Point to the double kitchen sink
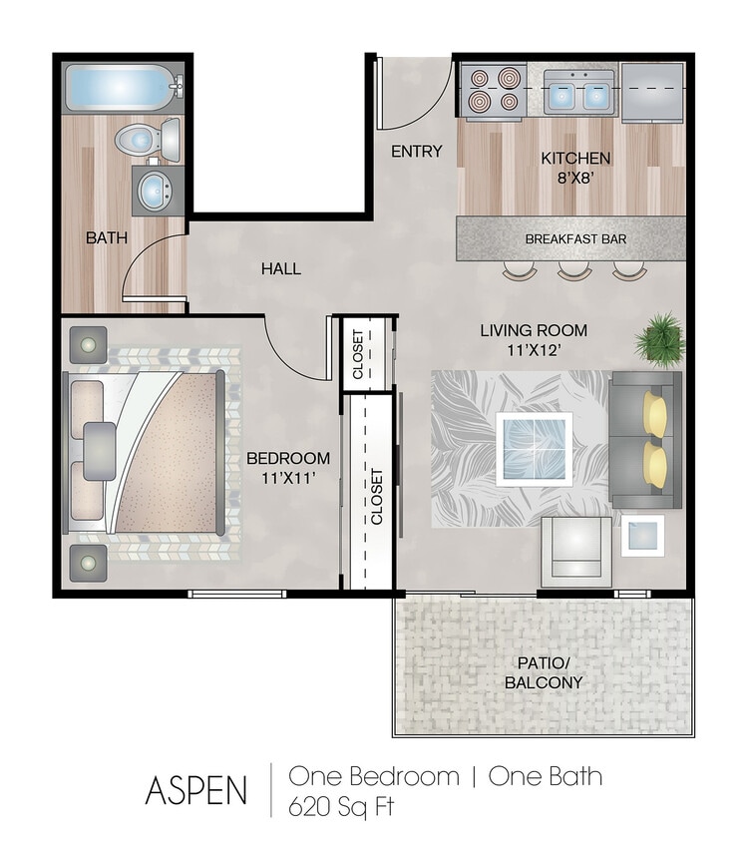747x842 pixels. (x=577, y=95)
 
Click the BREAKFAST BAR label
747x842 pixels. (x=575, y=239)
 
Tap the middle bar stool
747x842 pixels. (x=574, y=269)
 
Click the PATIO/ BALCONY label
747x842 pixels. (x=544, y=673)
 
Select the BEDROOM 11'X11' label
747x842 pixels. (x=288, y=467)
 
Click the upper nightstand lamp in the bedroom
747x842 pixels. (x=88, y=345)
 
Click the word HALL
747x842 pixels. (x=280, y=268)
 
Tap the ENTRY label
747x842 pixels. (x=416, y=152)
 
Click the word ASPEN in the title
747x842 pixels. (x=195, y=789)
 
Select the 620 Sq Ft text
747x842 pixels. (x=341, y=806)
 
